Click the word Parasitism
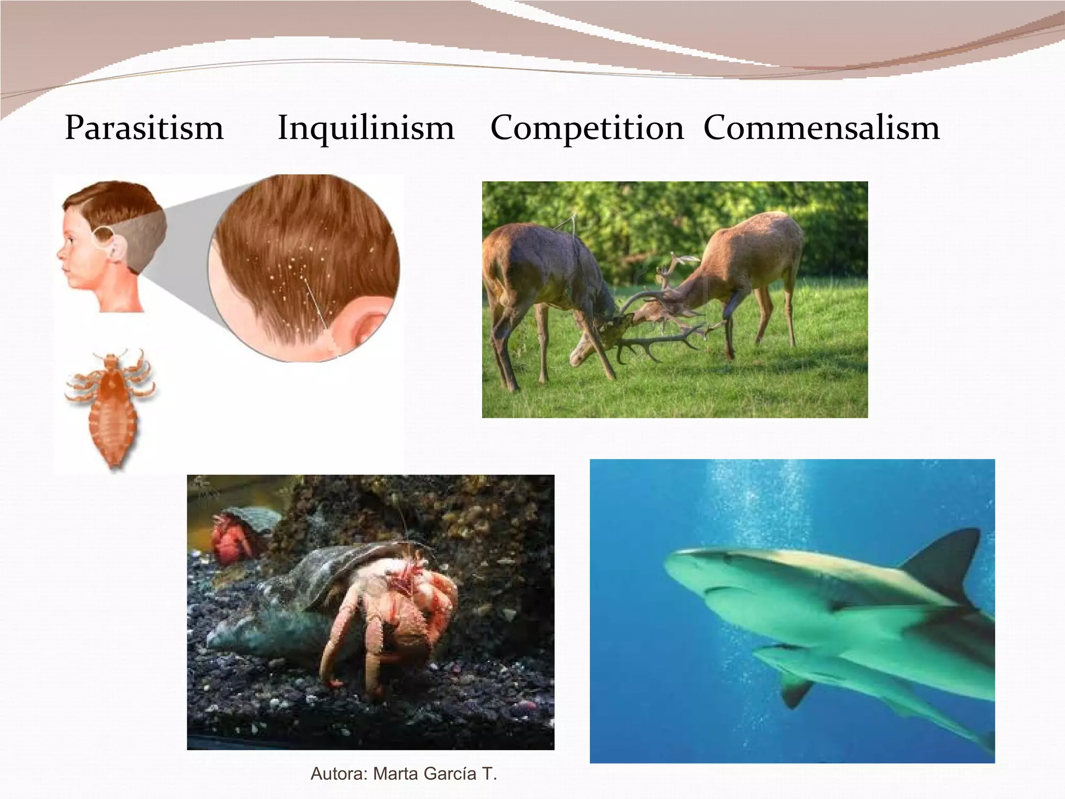click(144, 128)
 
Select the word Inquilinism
click(366, 128)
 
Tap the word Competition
click(587, 128)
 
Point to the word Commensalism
click(821, 128)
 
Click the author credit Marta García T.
click(404, 774)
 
